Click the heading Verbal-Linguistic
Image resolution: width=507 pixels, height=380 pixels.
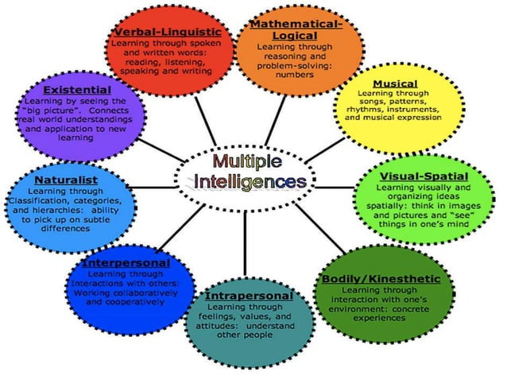coord(166,32)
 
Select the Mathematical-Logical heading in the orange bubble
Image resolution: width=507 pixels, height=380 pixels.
coord(296,30)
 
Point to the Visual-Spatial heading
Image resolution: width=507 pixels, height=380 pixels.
coord(423,176)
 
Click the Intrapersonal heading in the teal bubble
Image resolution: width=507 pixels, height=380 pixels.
coord(249,295)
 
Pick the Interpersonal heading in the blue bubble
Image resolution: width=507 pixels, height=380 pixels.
coord(126,262)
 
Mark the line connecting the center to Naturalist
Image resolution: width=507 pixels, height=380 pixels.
coord(159,188)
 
